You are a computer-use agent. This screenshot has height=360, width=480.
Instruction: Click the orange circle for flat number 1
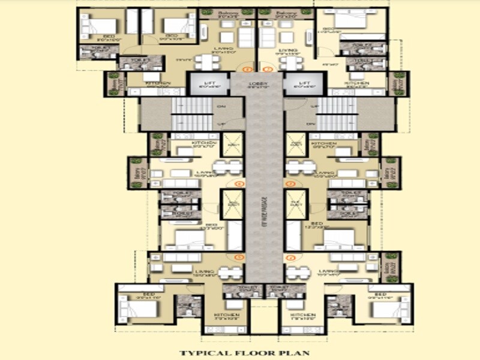point(244,69)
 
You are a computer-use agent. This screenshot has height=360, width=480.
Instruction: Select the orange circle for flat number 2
point(268,69)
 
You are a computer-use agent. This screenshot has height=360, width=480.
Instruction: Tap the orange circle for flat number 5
point(241,257)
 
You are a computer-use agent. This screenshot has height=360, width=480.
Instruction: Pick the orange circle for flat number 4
point(291,257)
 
